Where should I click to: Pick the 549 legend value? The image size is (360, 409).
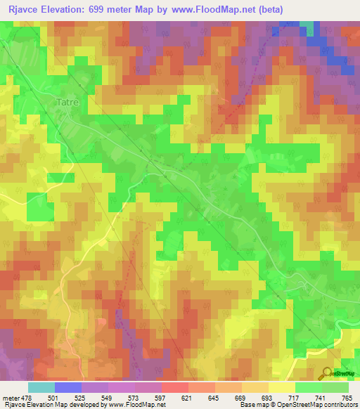pos(108,398)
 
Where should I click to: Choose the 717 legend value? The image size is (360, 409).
pos(295,398)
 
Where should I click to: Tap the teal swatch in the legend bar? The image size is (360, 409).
pos(41,387)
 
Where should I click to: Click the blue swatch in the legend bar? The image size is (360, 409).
pos(67,387)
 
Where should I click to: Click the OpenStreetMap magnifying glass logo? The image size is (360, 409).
pos(328,375)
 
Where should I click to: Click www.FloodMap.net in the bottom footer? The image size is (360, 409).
pos(135,405)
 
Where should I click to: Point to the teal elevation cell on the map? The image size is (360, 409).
pos(309,27)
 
